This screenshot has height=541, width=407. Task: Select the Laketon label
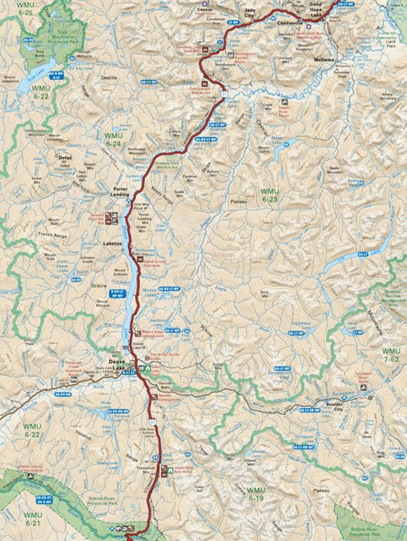click(x=114, y=243)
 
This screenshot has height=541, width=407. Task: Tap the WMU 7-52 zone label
click(x=392, y=354)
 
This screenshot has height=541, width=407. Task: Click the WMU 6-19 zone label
click(x=255, y=494)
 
